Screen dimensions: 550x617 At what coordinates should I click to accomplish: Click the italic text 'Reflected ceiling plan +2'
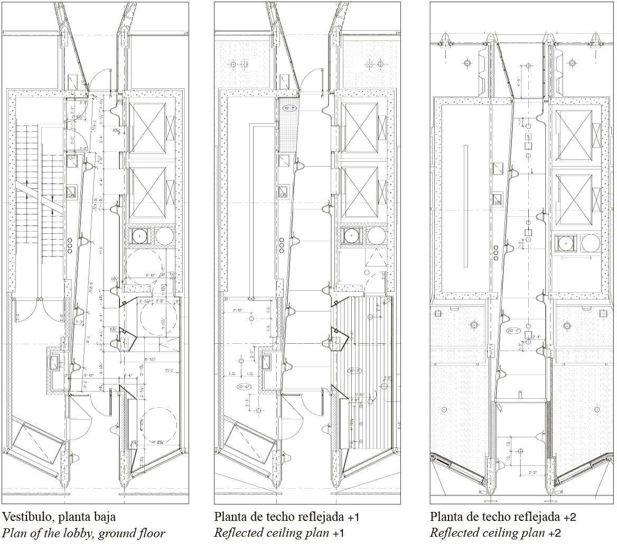(495, 533)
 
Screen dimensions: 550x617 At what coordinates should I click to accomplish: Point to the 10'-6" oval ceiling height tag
(245, 387)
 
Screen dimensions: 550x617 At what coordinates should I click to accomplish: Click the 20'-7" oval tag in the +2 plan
(513, 331)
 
